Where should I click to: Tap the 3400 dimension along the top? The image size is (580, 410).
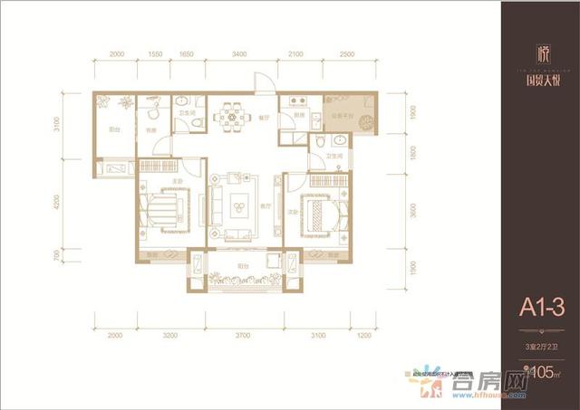tap(238, 55)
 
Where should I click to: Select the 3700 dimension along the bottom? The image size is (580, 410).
tap(241, 335)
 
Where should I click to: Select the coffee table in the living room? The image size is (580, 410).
tap(240, 205)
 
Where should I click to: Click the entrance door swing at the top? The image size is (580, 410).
tap(262, 84)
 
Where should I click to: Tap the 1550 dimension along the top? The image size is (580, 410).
tap(154, 55)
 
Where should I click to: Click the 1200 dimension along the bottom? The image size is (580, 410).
tap(363, 335)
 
